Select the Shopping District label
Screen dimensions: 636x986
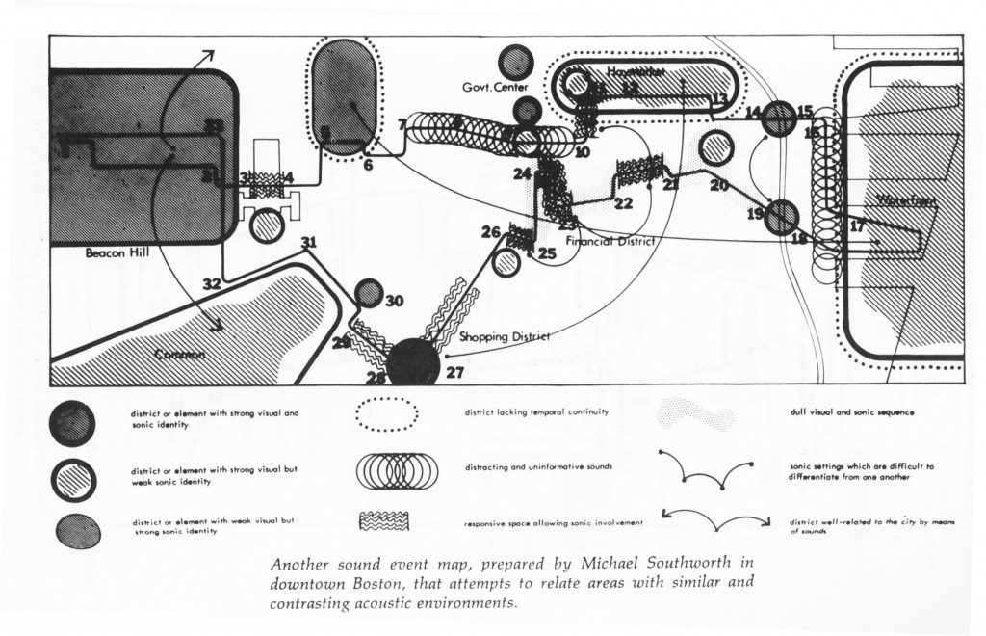[x=504, y=336]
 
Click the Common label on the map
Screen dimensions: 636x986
[x=179, y=356]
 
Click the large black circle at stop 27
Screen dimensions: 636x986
[x=415, y=362]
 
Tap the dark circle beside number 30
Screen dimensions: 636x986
[x=369, y=294]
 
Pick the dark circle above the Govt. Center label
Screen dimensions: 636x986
[x=517, y=62]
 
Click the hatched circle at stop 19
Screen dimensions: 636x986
[x=783, y=217]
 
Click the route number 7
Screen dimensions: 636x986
[x=401, y=125]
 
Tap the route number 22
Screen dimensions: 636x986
[x=623, y=203]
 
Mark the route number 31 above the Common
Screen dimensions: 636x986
[x=308, y=242]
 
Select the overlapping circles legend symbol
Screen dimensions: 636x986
[x=388, y=471]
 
